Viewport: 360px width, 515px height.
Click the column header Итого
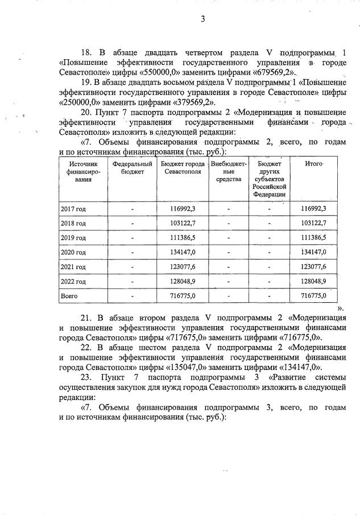314,164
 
